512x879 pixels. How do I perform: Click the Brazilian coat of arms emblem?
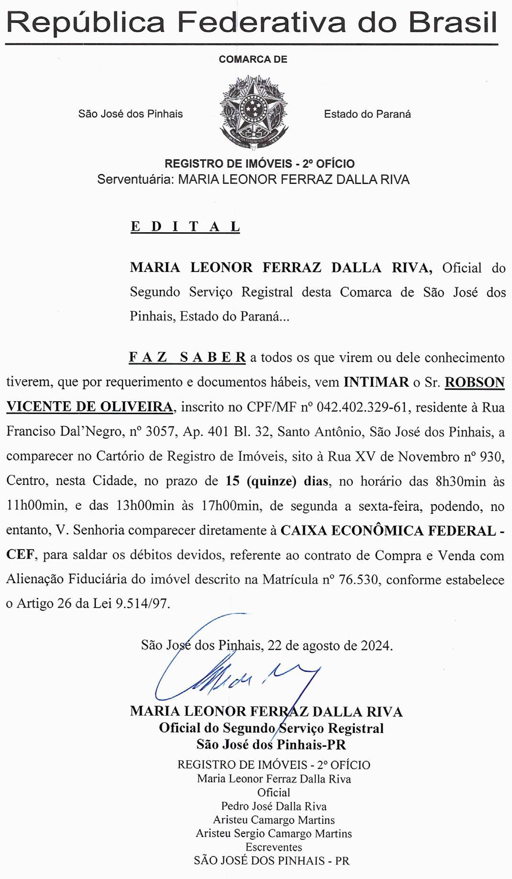[x=253, y=112]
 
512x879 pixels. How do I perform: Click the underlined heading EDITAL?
[x=185, y=226]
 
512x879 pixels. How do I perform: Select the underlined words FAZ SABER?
[x=187, y=358]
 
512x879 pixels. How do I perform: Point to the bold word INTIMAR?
[x=376, y=383]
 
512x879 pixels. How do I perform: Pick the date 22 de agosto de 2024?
[x=330, y=645]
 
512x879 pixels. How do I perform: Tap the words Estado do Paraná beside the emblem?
[x=367, y=114]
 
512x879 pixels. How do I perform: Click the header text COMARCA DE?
[x=253, y=59]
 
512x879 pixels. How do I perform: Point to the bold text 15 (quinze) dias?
[x=277, y=481]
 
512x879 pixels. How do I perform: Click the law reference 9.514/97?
[x=143, y=604]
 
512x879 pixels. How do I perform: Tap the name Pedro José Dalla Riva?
[x=274, y=806]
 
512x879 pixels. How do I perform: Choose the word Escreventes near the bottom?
[x=274, y=847]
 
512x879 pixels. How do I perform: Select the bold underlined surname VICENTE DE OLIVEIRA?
[x=89, y=407]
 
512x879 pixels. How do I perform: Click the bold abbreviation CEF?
[x=20, y=555]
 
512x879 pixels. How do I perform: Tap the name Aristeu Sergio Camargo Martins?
[x=274, y=834]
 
